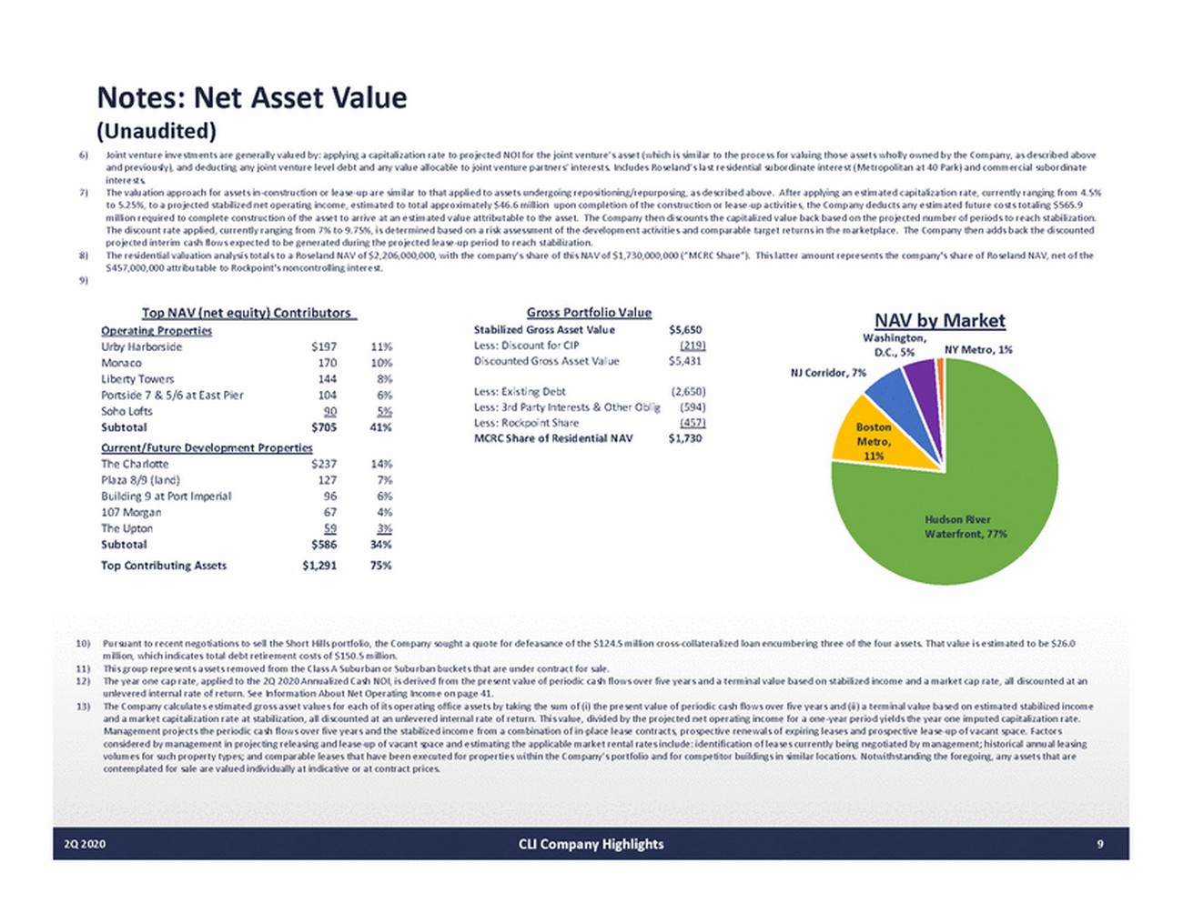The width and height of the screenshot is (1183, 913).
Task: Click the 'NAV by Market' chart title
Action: [939, 320]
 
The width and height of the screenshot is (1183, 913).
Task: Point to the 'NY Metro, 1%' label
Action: [978, 349]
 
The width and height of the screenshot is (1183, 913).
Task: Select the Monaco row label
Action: [121, 363]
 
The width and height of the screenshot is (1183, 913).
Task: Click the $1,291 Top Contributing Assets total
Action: [319, 566]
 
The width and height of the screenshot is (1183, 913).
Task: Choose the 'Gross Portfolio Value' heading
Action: [589, 312]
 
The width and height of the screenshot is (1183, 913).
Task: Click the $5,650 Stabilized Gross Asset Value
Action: [685, 330]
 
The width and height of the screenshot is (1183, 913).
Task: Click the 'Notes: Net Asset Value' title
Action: [252, 97]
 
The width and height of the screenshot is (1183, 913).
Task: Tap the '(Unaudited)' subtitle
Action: [157, 131]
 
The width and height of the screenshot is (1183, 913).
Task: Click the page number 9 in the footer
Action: [1099, 844]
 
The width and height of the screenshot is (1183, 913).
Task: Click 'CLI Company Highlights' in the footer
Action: [591, 844]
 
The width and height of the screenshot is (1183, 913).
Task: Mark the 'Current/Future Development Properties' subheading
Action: [207, 447]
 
